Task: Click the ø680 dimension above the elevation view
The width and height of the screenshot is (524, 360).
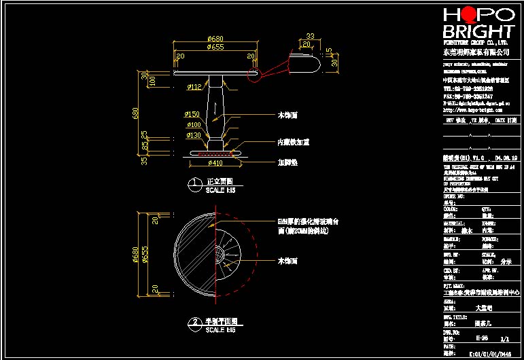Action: click(215, 39)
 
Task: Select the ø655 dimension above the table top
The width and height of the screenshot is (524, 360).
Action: click(215, 48)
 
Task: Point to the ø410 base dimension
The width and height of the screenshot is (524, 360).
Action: click(215, 164)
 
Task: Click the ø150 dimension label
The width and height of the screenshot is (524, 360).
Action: click(192, 114)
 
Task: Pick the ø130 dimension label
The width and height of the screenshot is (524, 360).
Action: click(194, 134)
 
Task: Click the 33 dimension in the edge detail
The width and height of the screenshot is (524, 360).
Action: click(310, 36)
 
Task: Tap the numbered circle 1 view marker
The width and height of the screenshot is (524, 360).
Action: click(194, 182)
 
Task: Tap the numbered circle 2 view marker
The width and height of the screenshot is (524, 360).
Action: click(194, 322)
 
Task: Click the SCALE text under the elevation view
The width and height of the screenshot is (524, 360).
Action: click(220, 191)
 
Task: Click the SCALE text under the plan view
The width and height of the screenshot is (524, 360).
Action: click(220, 330)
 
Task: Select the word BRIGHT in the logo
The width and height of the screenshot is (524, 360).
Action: click(478, 32)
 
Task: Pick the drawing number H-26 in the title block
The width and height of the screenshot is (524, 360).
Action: click(481, 338)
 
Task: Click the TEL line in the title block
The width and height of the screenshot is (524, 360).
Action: click(468, 88)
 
